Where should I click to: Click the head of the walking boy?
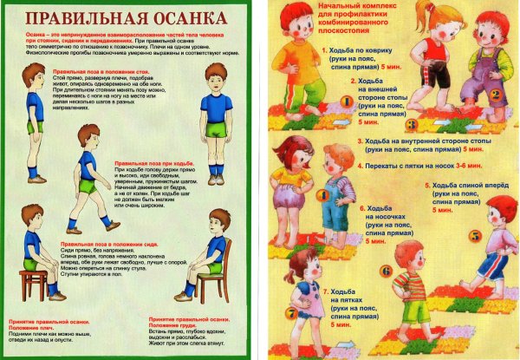coord(88,136)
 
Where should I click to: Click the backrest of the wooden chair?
coord(227,257)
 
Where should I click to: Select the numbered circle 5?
coord(474,235)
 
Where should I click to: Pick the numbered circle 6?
coord(386,271)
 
